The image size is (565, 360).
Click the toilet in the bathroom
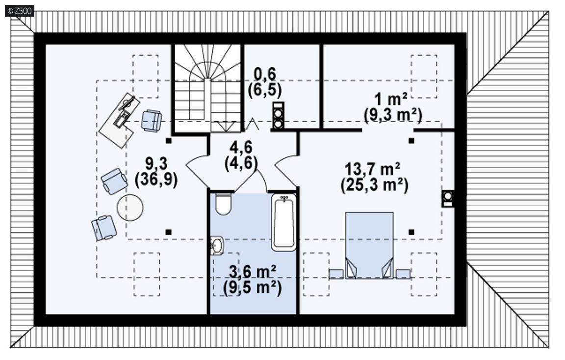coord(223,204)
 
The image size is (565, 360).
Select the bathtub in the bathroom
coord(283,222)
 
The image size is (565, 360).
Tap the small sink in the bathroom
coord(217,245)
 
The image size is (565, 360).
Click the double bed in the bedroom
coord(369,245)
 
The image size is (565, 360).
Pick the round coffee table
coord(130,207)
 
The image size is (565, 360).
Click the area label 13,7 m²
coord(373,168)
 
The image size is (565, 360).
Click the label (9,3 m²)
coord(393,115)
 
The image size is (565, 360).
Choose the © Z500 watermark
coord(20,11)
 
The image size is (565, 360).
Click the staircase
coord(207,89)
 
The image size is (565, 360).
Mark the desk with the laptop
coord(120,120)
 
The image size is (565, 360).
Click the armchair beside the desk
coord(151,120)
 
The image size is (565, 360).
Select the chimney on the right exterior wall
coord(447,198)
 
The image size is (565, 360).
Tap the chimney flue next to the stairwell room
coord(278,115)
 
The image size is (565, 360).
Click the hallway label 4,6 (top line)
coord(241,147)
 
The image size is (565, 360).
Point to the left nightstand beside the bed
coord(336,274)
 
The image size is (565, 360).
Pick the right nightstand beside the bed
coord(403,274)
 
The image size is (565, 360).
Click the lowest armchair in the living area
coord(104,228)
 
